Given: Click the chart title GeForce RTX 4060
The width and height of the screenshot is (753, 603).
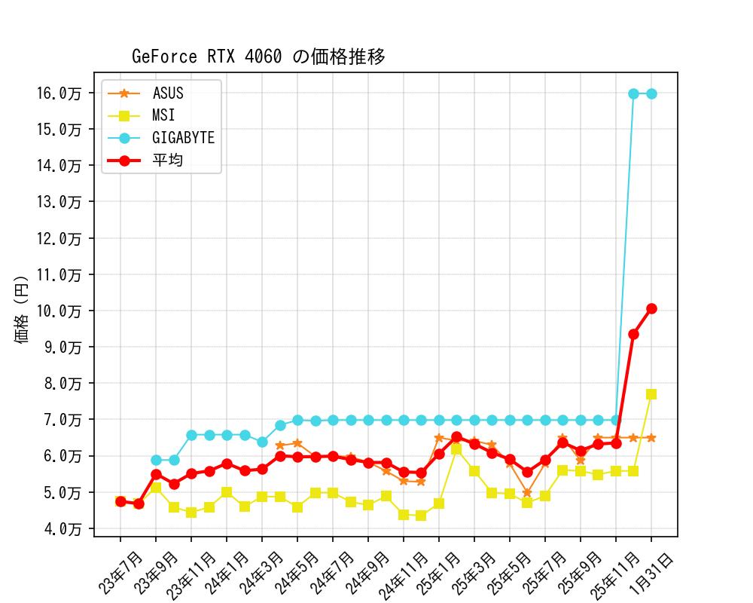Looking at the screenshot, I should tap(258, 57).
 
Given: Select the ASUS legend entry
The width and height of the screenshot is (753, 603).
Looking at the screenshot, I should tap(167, 93).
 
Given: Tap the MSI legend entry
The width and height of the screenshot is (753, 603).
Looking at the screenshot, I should tap(163, 115).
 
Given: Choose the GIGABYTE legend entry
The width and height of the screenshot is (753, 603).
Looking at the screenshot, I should tap(183, 138).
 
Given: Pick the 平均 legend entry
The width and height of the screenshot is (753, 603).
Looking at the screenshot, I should tap(167, 160).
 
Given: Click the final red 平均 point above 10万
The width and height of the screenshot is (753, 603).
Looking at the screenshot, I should tap(651, 308).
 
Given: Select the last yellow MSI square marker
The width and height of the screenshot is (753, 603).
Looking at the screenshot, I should tap(651, 394).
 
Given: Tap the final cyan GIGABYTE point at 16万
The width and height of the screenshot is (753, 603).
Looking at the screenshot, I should tap(651, 93).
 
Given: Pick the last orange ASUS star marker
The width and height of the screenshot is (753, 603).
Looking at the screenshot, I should tap(651, 438).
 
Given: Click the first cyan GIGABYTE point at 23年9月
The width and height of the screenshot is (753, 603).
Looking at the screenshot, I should tap(156, 460).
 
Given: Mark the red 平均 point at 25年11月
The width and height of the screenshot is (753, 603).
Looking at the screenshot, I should tap(616, 443).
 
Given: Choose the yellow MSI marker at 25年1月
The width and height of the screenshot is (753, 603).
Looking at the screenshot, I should tap(439, 503).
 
